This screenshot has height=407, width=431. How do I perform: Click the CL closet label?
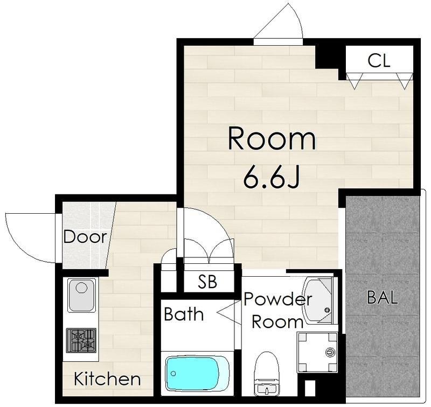tap(379, 61)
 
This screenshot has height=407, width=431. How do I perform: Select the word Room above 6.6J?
tap(272, 138)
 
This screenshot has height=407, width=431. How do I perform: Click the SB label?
tap(208, 281)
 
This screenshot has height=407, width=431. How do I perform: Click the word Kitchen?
tap(107, 378)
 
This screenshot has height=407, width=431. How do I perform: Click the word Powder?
tap(278, 299)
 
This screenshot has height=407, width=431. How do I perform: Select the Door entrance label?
tap(85, 236)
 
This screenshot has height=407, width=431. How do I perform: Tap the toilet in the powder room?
tap(266, 373)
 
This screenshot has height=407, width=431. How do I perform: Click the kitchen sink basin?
tap(81, 296)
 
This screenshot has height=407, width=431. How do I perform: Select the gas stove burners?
tap(81, 341)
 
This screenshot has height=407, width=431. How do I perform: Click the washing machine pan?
tap(317, 352)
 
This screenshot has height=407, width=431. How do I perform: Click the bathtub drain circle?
tap(173, 373)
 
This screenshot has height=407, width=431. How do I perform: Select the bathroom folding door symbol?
tap(228, 313)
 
